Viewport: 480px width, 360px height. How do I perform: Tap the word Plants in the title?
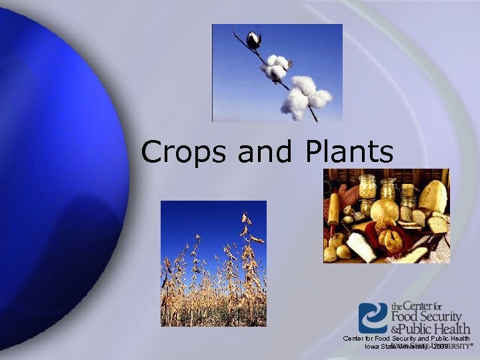[351, 152]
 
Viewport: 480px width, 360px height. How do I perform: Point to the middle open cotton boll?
[275, 67]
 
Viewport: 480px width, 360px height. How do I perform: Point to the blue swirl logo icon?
[373, 317]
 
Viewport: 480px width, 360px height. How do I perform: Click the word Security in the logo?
[439, 317]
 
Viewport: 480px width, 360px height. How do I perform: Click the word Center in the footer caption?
[355, 339]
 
